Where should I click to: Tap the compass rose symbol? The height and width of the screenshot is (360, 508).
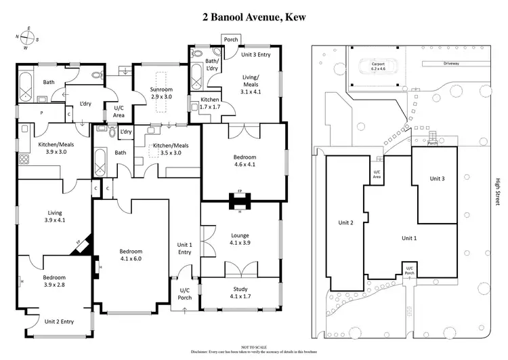click(x=27, y=39)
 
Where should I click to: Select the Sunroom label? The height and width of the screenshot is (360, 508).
click(x=161, y=94)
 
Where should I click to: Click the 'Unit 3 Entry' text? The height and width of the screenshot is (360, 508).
click(x=257, y=55)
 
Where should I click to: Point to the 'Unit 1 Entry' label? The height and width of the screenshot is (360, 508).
click(x=185, y=248)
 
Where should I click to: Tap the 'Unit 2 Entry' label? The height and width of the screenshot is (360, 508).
click(x=59, y=322)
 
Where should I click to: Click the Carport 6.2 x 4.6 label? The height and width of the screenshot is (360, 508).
click(x=377, y=66)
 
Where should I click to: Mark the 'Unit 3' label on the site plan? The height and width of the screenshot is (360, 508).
click(x=437, y=179)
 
